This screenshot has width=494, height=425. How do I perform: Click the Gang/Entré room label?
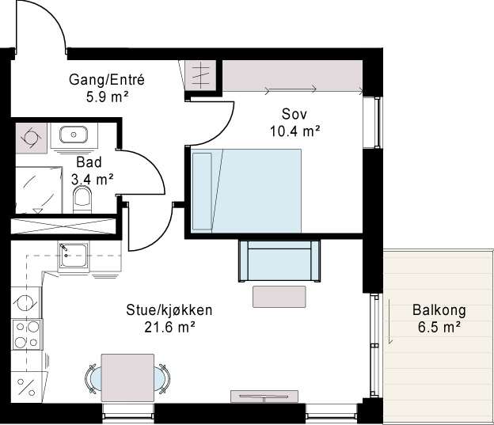107,80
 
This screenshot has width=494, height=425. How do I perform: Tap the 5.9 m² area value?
107,97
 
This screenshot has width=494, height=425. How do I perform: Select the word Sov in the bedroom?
294,114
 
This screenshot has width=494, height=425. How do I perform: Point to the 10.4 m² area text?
294,131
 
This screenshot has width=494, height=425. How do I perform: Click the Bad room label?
89,162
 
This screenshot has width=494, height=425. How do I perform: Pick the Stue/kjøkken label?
169,310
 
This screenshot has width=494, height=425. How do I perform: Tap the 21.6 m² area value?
169,327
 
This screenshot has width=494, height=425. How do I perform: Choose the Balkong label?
439,310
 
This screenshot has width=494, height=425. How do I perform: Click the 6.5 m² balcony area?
439,327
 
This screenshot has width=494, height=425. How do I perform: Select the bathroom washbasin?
74,135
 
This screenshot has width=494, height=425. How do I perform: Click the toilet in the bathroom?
82,199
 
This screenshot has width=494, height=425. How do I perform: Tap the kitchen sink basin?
74,255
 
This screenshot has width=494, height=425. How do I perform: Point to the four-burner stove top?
27,334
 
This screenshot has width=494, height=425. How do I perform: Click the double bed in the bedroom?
245,191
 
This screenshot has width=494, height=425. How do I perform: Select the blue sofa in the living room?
279,260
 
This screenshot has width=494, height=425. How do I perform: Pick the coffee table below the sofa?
279,297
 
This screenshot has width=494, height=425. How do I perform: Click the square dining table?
127,378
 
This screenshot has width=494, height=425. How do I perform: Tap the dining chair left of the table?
93,378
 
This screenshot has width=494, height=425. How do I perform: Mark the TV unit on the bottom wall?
264,397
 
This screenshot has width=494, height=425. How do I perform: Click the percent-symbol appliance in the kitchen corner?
26,387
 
